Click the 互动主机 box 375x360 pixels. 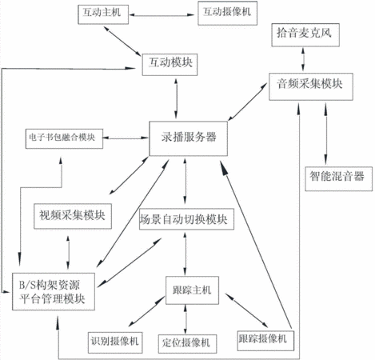(103, 14)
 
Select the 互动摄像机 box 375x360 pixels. (227, 13)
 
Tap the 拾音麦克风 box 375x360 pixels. (305, 35)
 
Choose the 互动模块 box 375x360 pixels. (170, 65)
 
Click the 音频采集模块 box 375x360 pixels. (311, 86)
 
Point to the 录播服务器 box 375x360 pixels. (189, 138)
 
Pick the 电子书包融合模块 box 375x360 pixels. (64, 138)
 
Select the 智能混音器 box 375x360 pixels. (338, 179)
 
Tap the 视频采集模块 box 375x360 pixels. (73, 216)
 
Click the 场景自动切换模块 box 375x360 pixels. (186, 219)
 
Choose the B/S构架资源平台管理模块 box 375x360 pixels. (54, 291)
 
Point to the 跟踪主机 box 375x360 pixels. (192, 290)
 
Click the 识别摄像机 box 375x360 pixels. (115, 342)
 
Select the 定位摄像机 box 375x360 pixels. (187, 344)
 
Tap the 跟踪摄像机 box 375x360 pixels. (265, 341)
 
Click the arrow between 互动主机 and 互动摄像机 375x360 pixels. (162, 15)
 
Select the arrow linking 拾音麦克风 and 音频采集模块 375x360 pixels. (303, 59)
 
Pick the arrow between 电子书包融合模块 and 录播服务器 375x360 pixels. (126, 138)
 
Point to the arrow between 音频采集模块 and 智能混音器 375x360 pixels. (325, 134)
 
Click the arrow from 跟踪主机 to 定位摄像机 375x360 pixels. (186, 319)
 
